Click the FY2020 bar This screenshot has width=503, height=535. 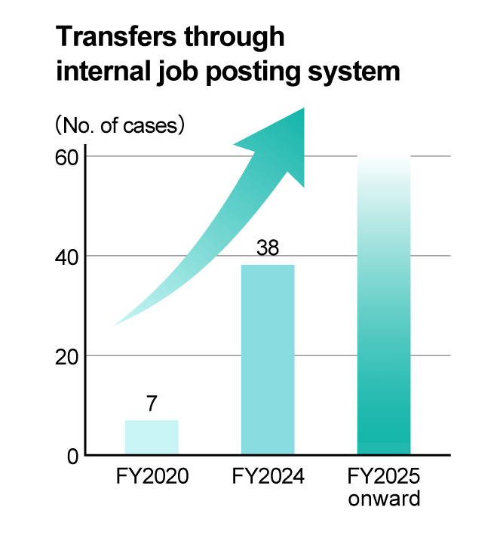point(152,438)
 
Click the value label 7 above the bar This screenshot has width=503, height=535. point(152,404)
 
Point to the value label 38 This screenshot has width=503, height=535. point(268,248)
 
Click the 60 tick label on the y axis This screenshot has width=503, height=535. point(66,157)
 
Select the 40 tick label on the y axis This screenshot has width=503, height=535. point(66,257)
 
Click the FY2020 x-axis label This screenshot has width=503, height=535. point(152,478)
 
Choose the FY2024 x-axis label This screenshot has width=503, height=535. point(268,478)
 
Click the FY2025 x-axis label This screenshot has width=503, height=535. point(384,478)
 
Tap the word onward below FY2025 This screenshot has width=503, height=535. point(384,499)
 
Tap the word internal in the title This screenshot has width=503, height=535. point(101,72)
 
